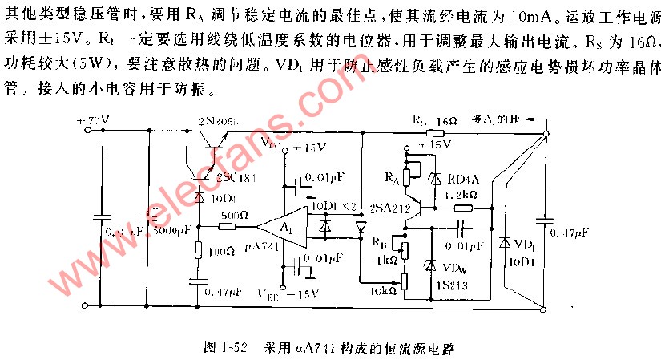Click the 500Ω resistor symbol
point(228,227)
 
